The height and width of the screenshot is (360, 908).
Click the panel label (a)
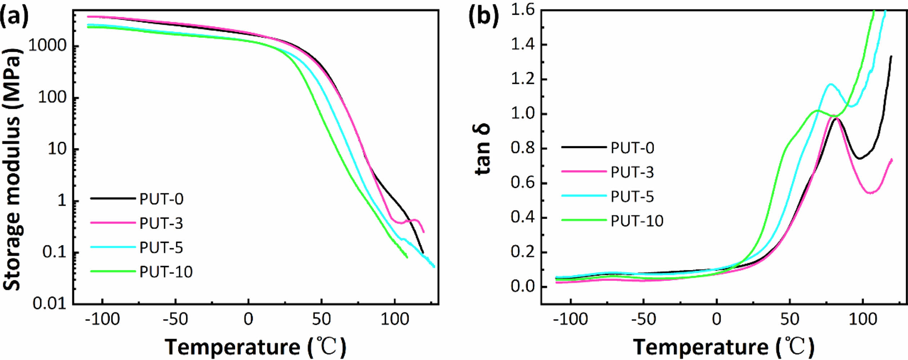[14, 16]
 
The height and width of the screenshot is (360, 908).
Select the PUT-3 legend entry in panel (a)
[161, 223]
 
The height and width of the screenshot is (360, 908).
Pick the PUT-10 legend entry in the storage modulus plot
[166, 272]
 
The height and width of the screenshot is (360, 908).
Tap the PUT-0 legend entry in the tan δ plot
[632, 148]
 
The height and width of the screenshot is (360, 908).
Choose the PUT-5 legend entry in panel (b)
[632, 196]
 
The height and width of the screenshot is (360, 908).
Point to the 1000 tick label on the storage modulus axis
[48, 46]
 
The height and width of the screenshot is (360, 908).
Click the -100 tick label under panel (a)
[102, 319]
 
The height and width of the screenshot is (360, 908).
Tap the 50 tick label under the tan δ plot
[789, 319]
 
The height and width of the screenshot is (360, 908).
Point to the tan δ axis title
[482, 150]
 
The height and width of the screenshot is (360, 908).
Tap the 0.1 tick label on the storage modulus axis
[55, 252]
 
